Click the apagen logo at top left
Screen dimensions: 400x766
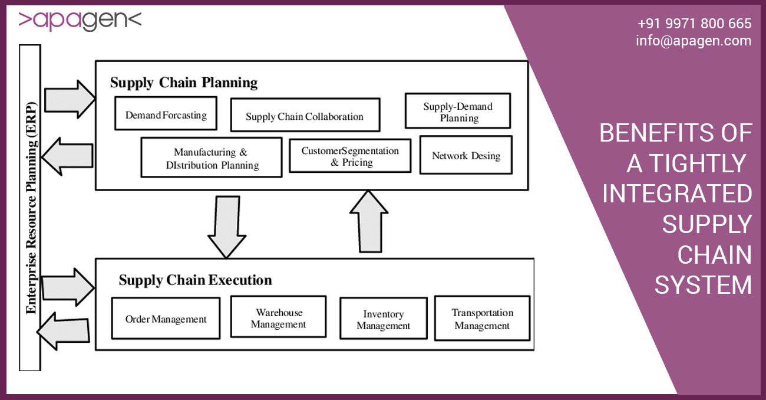[x=80, y=20]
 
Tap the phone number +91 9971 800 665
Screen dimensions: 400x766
[x=694, y=24]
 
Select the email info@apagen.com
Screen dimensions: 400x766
[x=694, y=41]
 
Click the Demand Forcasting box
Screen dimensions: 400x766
[x=166, y=115]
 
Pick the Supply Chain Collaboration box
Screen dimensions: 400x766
[x=305, y=116]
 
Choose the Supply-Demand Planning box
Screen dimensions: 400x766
[x=457, y=112]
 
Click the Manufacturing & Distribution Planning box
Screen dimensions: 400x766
[x=211, y=158]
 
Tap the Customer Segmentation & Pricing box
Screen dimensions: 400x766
[x=350, y=156]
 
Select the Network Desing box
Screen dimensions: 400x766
[x=465, y=156]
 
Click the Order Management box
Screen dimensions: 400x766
[x=166, y=319]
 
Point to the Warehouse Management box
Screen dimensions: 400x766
[x=278, y=317]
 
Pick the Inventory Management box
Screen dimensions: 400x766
[x=383, y=319]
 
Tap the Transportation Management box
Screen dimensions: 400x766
[x=482, y=319]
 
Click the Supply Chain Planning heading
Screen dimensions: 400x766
[x=184, y=83]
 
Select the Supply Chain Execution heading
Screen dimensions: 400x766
[x=195, y=280]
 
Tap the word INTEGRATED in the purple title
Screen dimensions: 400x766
[x=677, y=194]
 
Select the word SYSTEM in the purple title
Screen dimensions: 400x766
[x=703, y=285]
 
